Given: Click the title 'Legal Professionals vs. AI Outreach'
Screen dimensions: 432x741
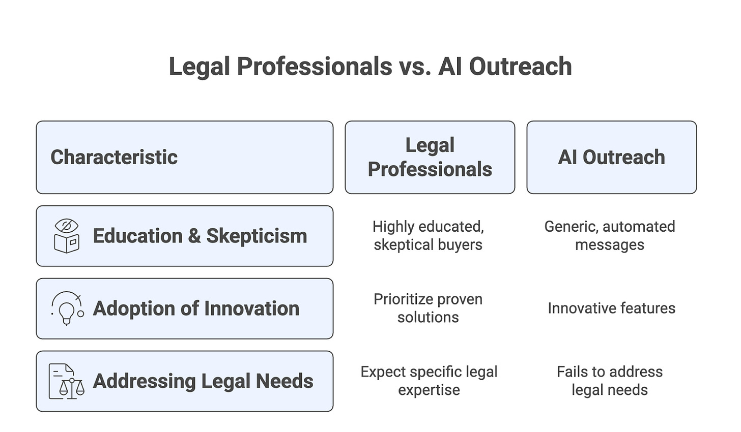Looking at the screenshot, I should pyautogui.click(x=370, y=67).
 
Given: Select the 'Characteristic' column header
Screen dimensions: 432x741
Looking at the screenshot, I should pyautogui.click(x=114, y=158).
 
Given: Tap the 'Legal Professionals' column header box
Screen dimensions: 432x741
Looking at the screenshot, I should pyautogui.click(x=430, y=158).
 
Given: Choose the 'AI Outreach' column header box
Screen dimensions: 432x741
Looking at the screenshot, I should pyautogui.click(x=611, y=158).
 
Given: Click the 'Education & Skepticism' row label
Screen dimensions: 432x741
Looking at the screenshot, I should pyautogui.click(x=199, y=236).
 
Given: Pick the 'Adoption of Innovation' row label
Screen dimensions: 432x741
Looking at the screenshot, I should pyautogui.click(x=196, y=309).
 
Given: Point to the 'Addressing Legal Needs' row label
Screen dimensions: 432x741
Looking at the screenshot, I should pyautogui.click(x=203, y=381).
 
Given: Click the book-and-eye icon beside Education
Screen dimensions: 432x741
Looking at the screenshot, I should pyautogui.click(x=67, y=236).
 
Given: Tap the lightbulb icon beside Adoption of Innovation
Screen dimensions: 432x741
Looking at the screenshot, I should pyautogui.click(x=67, y=308).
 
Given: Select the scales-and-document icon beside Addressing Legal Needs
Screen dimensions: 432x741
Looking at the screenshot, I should pyautogui.click(x=67, y=381).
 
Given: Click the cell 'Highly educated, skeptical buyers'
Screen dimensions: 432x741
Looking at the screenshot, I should pyautogui.click(x=428, y=236).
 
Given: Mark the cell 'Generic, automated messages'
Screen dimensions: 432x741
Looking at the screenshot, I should pyautogui.click(x=610, y=236).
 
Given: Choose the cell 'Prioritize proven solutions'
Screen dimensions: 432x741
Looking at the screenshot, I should pyautogui.click(x=428, y=308).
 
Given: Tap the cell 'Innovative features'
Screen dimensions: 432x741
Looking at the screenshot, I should pyautogui.click(x=611, y=308).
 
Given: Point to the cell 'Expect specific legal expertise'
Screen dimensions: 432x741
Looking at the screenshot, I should pyautogui.click(x=429, y=381).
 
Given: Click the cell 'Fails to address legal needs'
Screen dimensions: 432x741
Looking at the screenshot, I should pyautogui.click(x=610, y=381).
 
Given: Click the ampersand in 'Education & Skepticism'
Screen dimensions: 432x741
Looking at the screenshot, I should pyautogui.click(x=194, y=236).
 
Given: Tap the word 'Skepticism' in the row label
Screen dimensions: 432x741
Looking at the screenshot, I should pyautogui.click(x=256, y=236).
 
